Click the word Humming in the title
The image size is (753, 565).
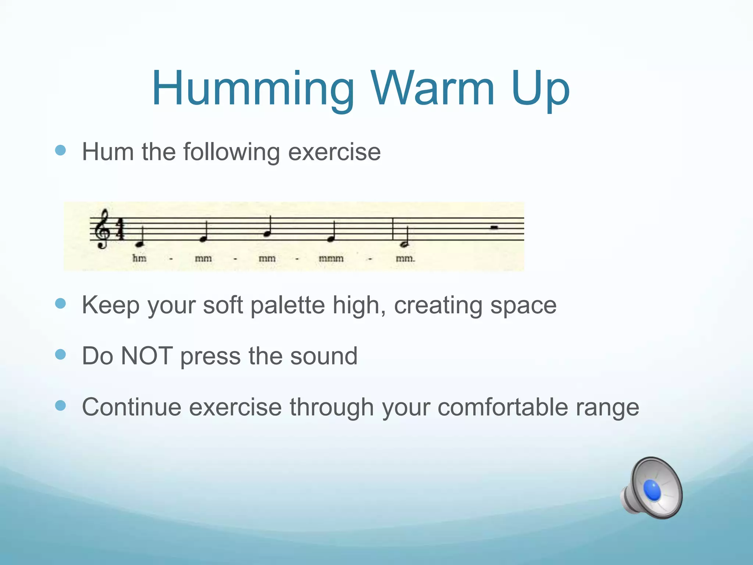click(x=253, y=89)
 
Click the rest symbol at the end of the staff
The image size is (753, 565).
click(x=494, y=228)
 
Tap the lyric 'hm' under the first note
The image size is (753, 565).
click(x=139, y=259)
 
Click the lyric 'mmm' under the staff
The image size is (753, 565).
click(x=331, y=259)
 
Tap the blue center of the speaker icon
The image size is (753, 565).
click(x=653, y=490)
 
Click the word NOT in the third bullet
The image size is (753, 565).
click(x=147, y=356)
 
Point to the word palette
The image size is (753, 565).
click(x=288, y=305)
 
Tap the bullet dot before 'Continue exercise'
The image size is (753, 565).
click(x=60, y=406)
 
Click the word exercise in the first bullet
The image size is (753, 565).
click(x=334, y=152)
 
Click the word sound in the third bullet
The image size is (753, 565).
click(x=324, y=356)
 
